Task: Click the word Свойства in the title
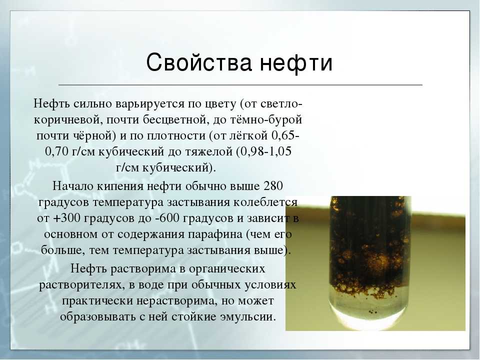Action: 199,62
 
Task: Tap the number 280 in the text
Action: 273,186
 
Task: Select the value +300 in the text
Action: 66,218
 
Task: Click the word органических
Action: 227,269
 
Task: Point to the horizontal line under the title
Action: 240,85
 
